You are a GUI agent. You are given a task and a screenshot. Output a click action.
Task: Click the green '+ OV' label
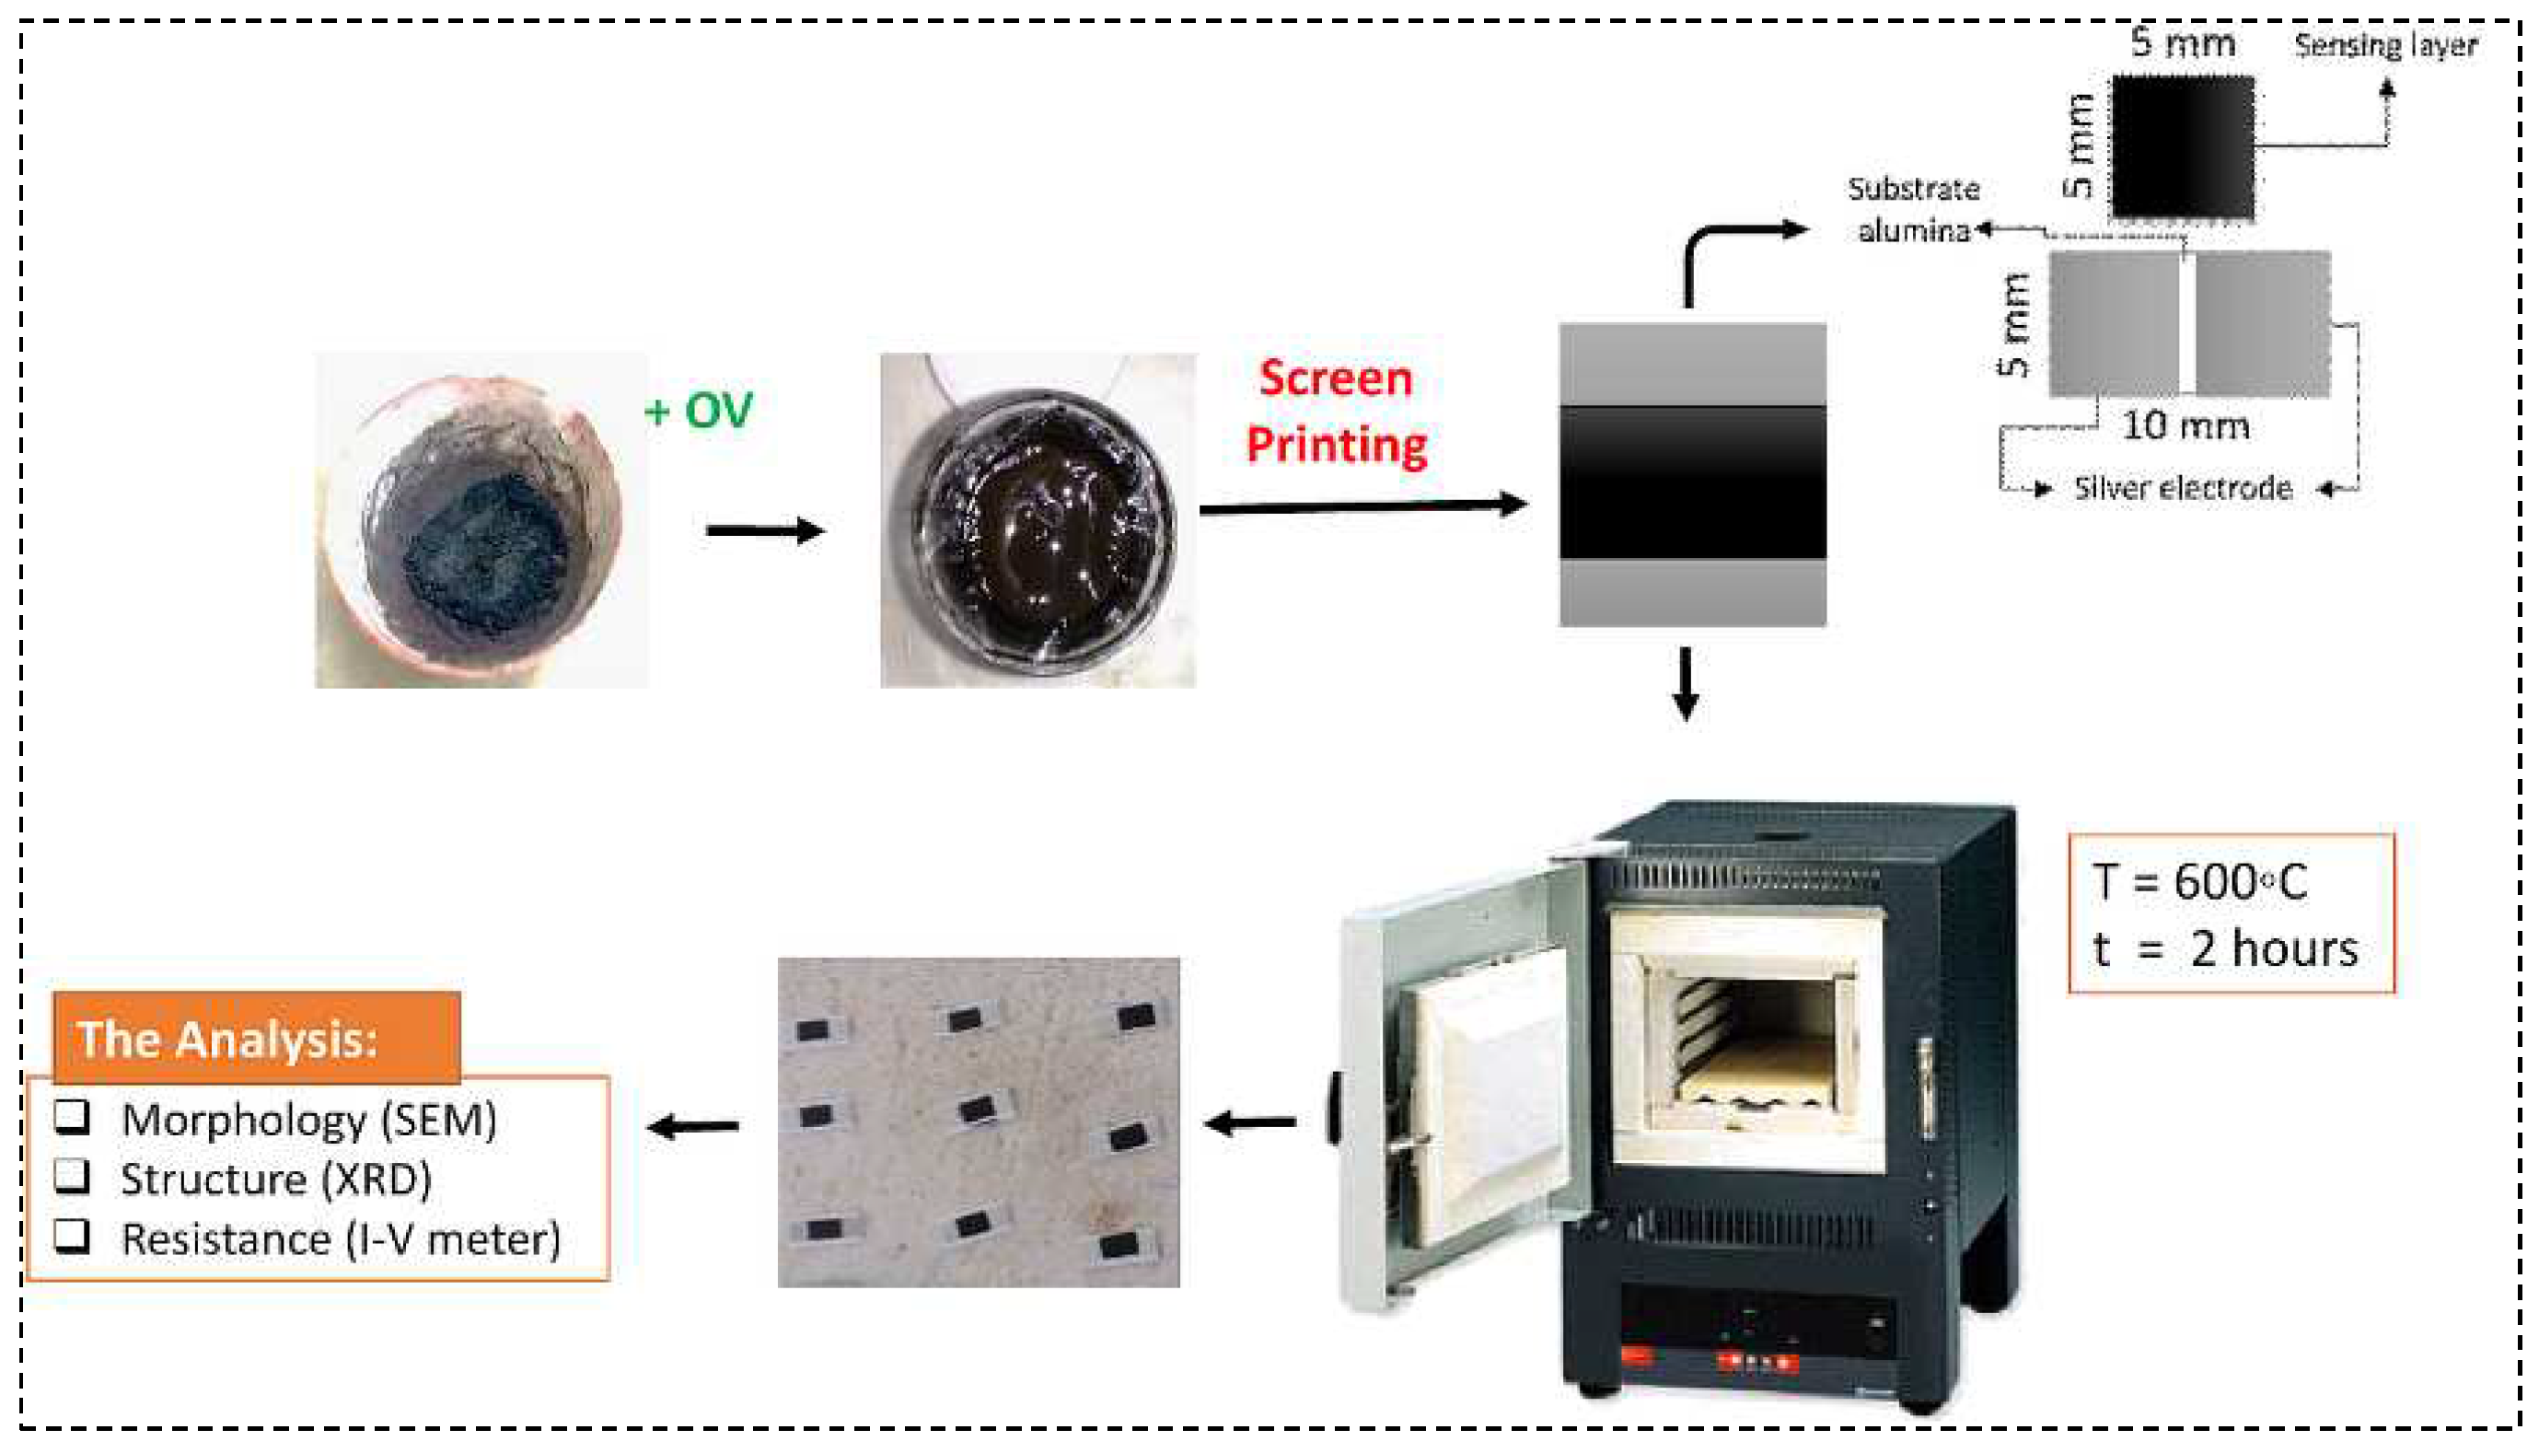tap(699, 410)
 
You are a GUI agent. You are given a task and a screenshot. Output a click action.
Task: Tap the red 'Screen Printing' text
tap(1336, 412)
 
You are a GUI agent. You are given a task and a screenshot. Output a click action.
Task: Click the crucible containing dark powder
tap(481, 520)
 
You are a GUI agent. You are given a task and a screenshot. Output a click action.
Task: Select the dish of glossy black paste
tap(1038, 521)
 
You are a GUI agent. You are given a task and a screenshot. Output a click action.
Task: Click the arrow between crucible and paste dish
tap(765, 529)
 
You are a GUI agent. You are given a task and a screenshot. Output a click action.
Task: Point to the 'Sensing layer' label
tap(2384, 45)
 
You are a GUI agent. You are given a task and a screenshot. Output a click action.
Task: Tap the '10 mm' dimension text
tap(2184, 426)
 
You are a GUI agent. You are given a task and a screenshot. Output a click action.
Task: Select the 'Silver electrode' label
tap(2182, 488)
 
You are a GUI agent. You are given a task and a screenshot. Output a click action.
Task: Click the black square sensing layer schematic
tap(2182, 146)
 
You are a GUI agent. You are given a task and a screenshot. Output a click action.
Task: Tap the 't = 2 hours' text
tap(2225, 949)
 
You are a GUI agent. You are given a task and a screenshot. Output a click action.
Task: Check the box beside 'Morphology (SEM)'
tap(72, 1118)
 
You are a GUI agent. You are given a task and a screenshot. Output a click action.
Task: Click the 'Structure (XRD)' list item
tap(276, 1180)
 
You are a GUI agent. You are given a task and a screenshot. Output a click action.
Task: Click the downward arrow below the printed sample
tap(1686, 683)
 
